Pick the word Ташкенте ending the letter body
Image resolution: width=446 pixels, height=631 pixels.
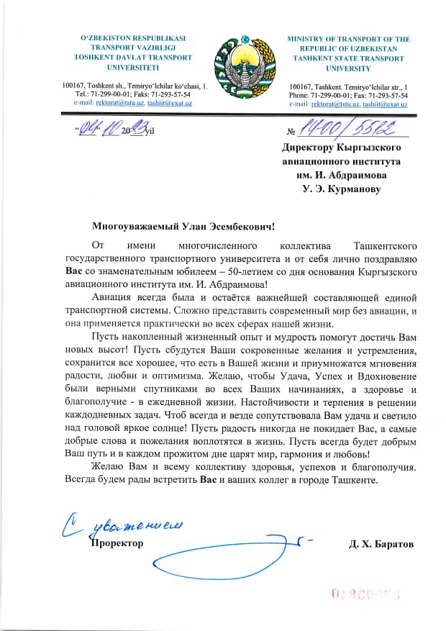[x=354, y=480]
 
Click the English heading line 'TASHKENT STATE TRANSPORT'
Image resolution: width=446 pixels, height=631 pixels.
[x=347, y=59]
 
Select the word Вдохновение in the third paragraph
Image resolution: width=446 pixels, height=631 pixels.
[x=382, y=375]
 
